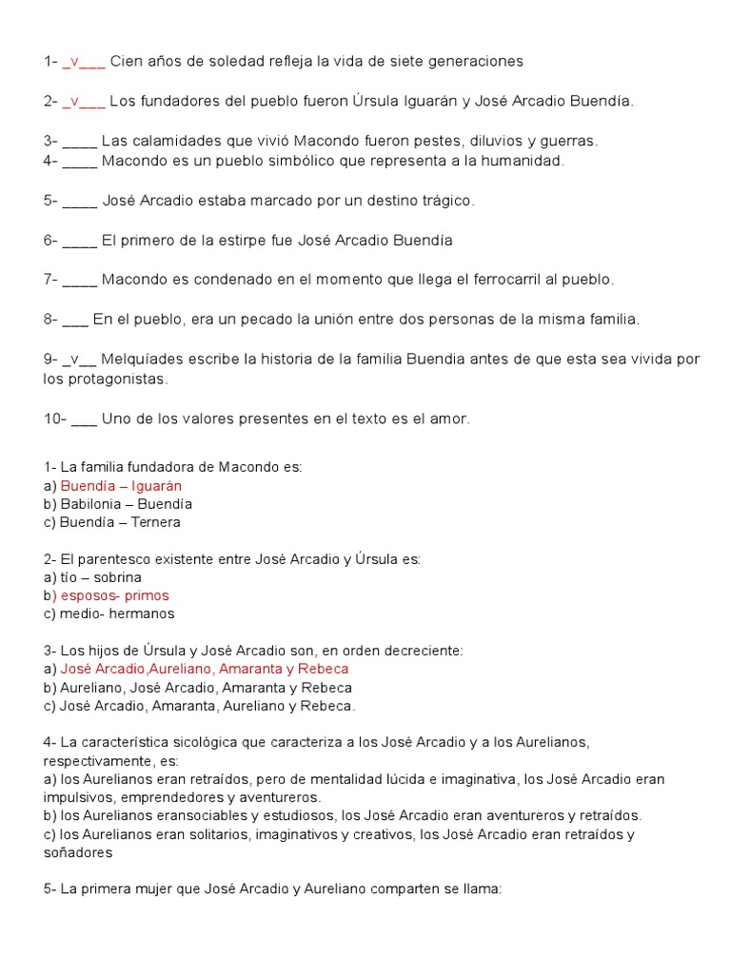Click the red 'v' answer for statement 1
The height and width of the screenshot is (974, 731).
click(72, 62)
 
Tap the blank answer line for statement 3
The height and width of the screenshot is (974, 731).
click(80, 143)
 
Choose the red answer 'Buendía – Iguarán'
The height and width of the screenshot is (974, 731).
click(121, 486)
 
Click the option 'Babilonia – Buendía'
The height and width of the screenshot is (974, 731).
click(126, 504)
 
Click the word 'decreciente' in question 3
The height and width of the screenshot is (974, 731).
click(422, 651)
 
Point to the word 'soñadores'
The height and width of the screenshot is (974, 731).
click(78, 853)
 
